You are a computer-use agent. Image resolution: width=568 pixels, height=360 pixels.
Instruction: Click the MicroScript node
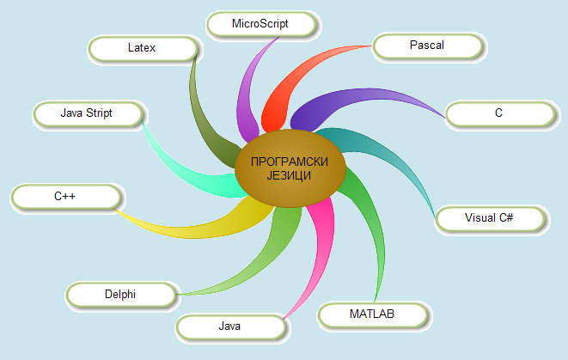(x=260, y=24)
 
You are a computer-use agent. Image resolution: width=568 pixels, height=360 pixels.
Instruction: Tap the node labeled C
(x=498, y=113)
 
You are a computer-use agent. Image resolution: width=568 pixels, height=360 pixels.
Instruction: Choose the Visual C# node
(x=488, y=218)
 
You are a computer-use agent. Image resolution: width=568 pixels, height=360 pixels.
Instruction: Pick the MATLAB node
(x=371, y=314)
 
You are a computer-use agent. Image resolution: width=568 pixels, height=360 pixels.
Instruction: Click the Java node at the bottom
(x=229, y=326)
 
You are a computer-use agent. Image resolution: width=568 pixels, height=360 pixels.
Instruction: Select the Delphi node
(x=120, y=295)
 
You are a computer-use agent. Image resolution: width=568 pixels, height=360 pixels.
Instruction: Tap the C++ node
(x=65, y=197)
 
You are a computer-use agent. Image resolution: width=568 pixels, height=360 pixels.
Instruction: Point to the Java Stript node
(x=87, y=113)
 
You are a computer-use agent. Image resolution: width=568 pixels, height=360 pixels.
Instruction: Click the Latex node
(x=142, y=48)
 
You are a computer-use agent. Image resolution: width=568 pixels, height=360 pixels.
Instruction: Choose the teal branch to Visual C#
(x=378, y=150)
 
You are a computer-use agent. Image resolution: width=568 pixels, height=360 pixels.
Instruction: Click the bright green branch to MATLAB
(x=361, y=223)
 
